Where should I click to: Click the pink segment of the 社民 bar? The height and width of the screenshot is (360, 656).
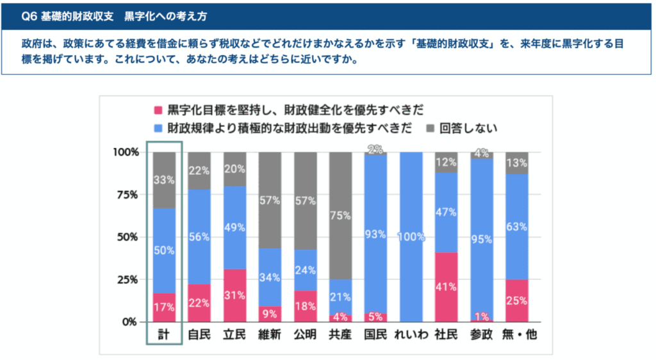[446, 287]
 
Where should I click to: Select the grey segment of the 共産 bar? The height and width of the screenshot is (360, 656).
[340, 215]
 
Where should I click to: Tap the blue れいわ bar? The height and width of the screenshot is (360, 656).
[411, 236]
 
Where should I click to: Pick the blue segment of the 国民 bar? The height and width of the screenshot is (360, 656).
[376, 234]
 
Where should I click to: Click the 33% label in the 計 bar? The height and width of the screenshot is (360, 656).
[164, 180]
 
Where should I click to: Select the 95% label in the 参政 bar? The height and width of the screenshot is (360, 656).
[480, 239]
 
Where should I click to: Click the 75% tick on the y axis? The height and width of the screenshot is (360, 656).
[126, 194]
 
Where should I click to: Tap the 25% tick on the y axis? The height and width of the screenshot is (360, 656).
[126, 279]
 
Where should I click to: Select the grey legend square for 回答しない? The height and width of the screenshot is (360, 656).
[428, 127]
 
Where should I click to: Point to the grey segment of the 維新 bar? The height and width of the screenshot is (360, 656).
[269, 200]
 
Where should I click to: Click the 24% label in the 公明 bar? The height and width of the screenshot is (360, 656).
[305, 270]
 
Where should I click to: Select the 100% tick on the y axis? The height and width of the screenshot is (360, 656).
[124, 152]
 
